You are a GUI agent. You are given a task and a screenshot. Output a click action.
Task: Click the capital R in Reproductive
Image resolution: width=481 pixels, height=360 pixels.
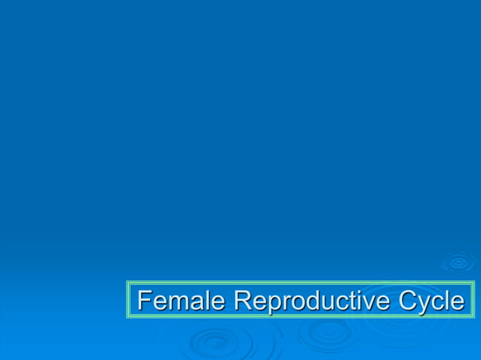[x=242, y=301]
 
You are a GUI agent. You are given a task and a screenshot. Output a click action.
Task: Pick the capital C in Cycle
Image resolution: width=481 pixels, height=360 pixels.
[x=407, y=301]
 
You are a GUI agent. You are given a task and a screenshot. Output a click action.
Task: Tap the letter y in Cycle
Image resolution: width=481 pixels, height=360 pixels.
[x=424, y=304]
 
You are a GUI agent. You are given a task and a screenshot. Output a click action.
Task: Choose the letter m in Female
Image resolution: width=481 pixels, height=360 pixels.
[x=176, y=302]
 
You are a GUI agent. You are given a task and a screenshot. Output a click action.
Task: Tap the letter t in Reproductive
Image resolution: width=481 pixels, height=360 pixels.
[x=352, y=301]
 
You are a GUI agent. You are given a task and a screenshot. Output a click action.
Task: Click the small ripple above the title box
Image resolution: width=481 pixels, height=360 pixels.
[x=458, y=263]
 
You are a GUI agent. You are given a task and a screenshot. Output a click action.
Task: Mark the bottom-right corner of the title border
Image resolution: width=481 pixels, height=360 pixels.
[x=474, y=318]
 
